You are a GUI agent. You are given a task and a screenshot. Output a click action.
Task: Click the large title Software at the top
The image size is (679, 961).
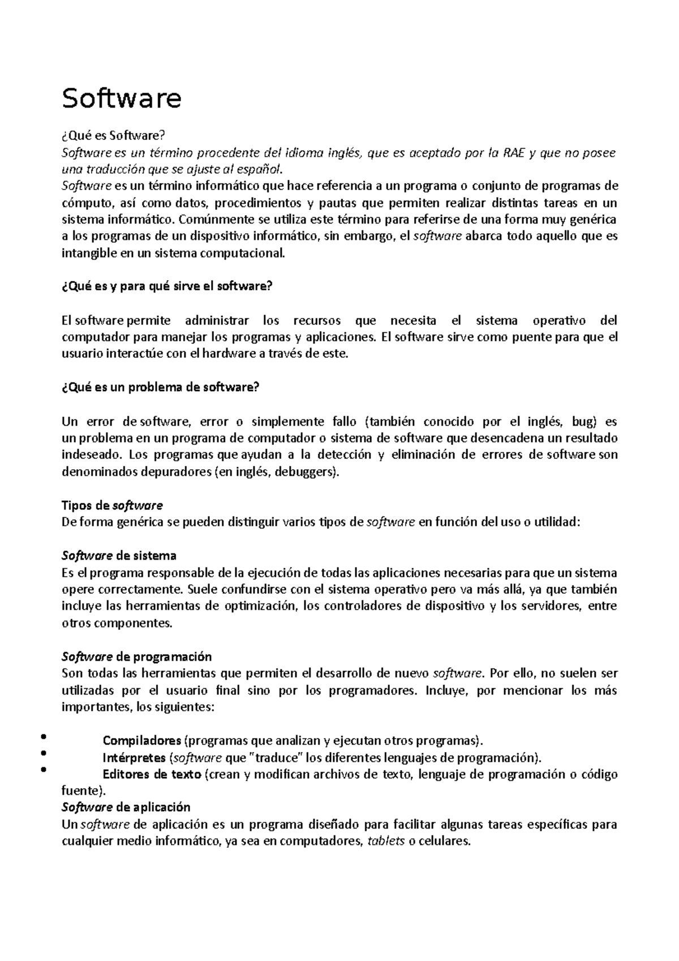(121, 98)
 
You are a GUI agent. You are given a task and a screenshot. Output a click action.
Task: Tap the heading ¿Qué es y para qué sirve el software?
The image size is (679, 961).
(166, 286)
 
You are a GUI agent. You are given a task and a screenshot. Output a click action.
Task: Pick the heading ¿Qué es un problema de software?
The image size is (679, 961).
(160, 388)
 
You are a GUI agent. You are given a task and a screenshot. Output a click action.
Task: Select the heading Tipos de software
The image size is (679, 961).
(111, 505)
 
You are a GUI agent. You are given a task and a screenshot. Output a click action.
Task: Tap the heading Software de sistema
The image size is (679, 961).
(118, 555)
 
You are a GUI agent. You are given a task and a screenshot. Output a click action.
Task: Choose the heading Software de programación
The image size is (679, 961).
(136, 657)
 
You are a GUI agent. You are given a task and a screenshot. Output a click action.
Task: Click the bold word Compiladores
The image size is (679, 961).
(141, 741)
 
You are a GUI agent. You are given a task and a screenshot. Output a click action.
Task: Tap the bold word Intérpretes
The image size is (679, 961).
(134, 757)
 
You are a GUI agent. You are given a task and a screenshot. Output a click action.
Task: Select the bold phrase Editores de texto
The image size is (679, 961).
(151, 774)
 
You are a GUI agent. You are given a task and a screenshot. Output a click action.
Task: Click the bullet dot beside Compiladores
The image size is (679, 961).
(43, 737)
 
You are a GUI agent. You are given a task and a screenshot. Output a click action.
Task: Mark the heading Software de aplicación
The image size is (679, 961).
(125, 807)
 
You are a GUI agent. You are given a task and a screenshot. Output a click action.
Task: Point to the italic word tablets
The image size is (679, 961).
(386, 841)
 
